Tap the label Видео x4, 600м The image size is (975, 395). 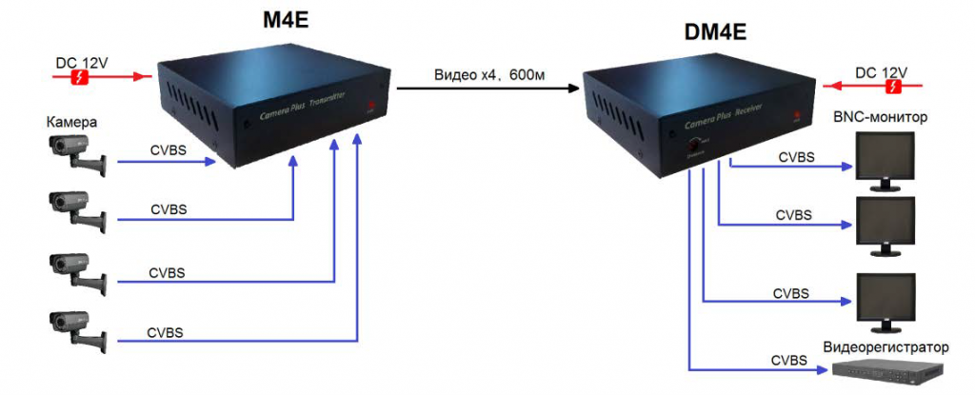tap(488, 75)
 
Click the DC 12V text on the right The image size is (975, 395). tap(881, 72)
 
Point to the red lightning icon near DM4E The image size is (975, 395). tap(893, 88)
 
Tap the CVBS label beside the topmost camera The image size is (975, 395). tap(169, 149)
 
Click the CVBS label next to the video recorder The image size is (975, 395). tap(790, 360)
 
